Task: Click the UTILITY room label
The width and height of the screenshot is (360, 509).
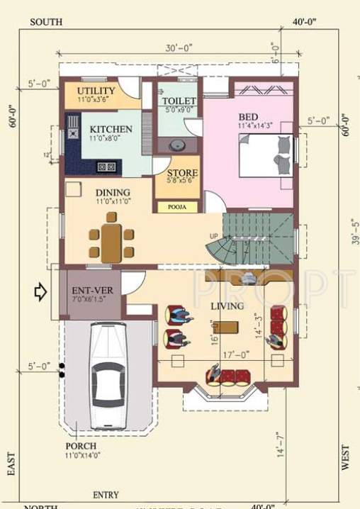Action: [96, 91]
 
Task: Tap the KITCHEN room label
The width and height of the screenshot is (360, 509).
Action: [111, 129]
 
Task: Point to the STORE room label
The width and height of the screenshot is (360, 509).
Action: [182, 173]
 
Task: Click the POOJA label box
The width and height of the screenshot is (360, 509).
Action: [177, 207]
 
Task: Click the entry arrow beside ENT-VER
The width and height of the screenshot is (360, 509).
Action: [40, 291]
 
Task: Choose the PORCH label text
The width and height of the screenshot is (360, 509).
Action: [81, 446]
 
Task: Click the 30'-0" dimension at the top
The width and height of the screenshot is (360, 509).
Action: [179, 49]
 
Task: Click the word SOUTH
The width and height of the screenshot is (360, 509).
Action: [46, 22]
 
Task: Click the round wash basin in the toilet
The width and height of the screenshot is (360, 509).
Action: [177, 146]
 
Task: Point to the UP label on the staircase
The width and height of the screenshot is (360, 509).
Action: [214, 235]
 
